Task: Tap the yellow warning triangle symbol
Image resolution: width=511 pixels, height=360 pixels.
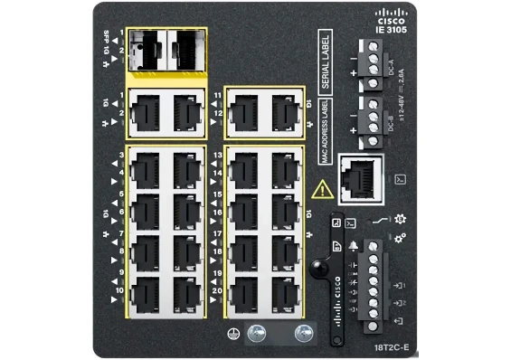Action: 321,190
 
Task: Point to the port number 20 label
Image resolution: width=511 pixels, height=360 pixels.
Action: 217,291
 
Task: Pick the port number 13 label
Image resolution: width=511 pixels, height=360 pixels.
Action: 217,156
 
